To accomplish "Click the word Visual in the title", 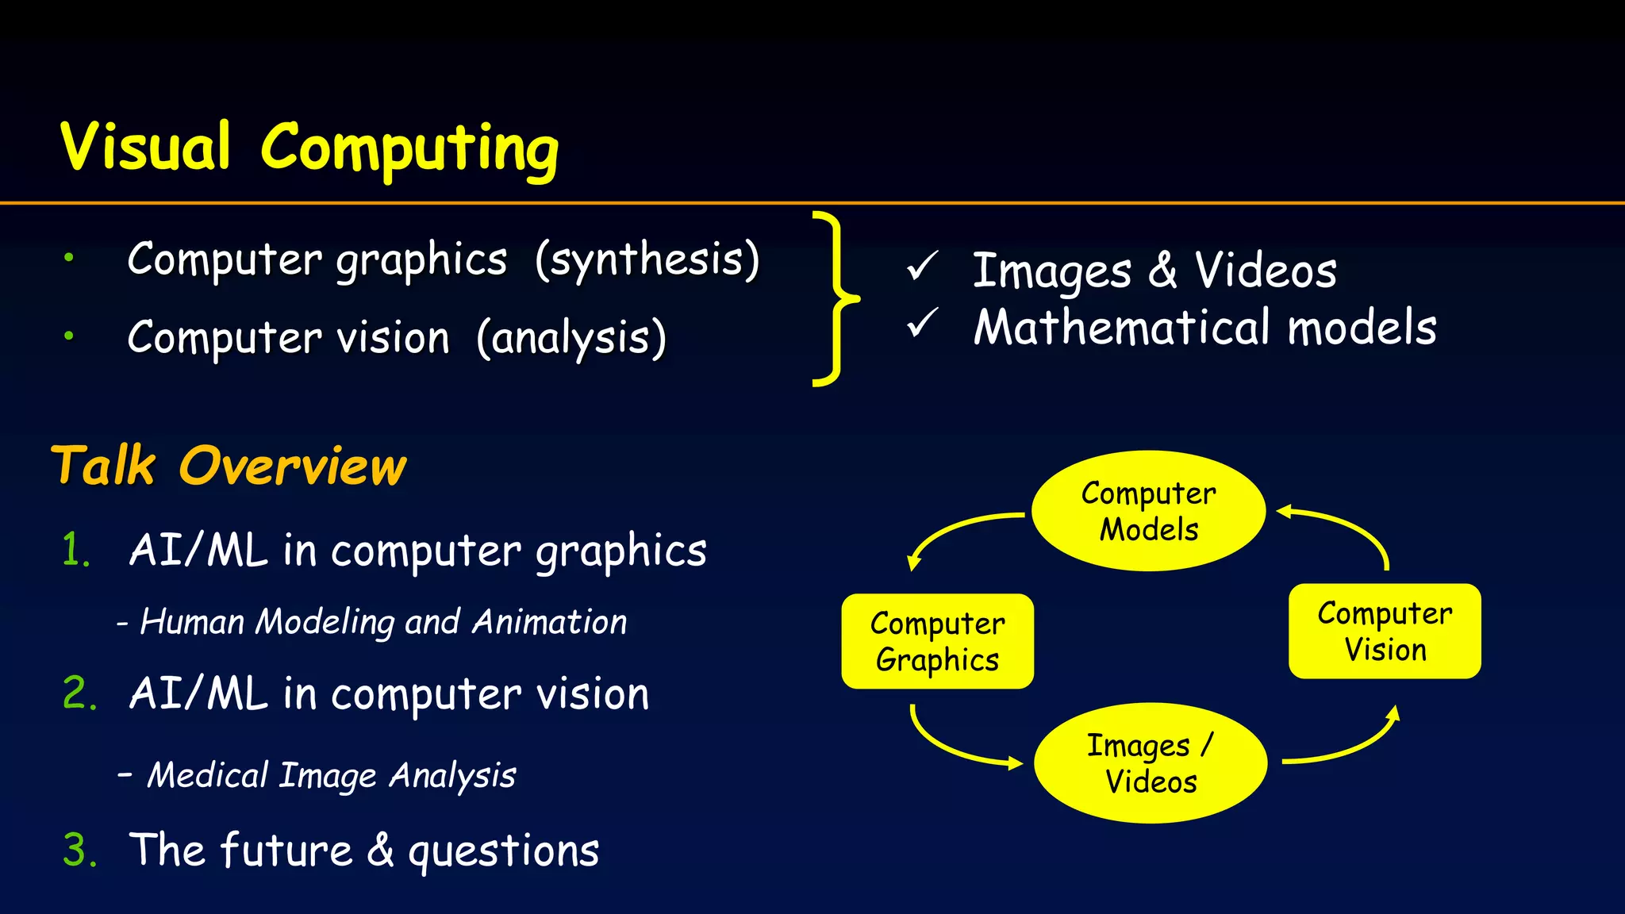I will coord(146,148).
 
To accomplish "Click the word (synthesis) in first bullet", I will coord(647,259).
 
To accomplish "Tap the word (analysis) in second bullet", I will coord(571,338).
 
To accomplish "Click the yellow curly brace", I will coord(832,299).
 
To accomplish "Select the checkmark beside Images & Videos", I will coord(922,267).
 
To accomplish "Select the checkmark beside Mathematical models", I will coord(922,324).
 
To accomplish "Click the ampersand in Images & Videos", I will coord(1162,271).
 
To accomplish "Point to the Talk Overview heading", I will coord(229,466).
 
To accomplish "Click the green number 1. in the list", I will coord(76,550).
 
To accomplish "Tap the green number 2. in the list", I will coord(79,693).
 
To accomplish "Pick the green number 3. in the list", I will coord(79,851).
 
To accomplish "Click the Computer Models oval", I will coord(1148,511).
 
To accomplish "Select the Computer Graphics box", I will coord(937,641).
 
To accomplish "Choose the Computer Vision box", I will coord(1385,632).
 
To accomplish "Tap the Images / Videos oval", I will coord(1150,763).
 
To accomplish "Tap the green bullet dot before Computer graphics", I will coord(69,257).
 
